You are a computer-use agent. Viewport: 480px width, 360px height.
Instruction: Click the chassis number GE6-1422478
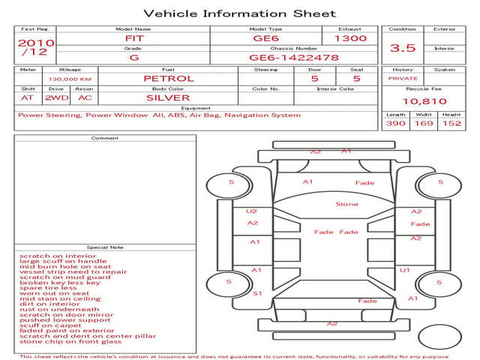click(294, 58)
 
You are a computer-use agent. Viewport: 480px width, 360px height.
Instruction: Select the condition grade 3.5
click(403, 48)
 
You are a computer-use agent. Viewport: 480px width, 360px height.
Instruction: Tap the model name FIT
click(134, 38)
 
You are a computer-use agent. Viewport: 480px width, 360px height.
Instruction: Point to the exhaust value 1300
click(350, 38)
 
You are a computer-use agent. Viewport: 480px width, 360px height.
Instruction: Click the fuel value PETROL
click(169, 79)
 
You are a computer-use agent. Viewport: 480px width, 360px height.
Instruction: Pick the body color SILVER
click(168, 98)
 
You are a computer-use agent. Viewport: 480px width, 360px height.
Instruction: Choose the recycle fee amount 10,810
click(424, 101)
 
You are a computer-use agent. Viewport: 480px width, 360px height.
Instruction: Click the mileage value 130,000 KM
click(70, 79)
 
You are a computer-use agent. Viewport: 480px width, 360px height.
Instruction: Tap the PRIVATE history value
click(403, 79)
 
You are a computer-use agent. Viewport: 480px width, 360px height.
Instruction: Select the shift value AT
click(27, 98)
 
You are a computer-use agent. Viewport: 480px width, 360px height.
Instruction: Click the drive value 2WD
click(57, 98)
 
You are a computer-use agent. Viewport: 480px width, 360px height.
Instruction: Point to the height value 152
click(451, 123)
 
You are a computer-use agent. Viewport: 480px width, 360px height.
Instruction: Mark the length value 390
click(396, 123)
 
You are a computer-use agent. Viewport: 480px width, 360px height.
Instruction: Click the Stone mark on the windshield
click(346, 204)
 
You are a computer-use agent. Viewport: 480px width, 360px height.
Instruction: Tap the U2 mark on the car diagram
click(251, 211)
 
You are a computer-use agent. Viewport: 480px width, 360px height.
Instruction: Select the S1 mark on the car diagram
click(257, 293)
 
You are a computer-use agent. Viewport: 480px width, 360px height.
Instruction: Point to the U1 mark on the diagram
click(405, 270)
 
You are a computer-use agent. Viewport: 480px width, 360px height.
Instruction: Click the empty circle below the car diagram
click(440, 337)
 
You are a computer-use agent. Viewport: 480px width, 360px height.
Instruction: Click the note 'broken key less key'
click(60, 283)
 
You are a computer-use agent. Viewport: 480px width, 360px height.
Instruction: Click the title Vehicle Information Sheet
click(240, 13)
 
